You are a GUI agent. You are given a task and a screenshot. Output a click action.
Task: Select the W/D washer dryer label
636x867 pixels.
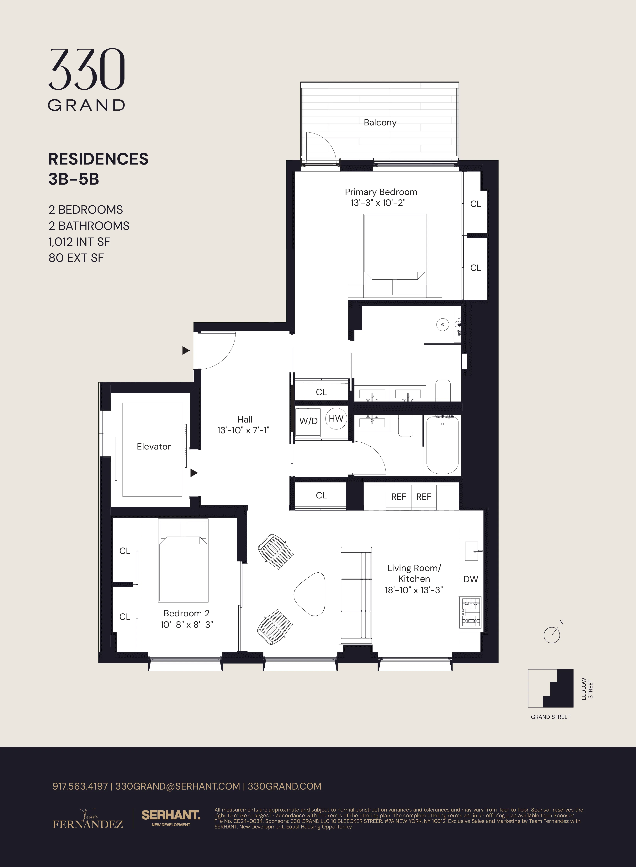pyautogui.click(x=308, y=421)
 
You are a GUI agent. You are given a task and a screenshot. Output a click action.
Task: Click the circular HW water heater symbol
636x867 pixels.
pyautogui.click(x=336, y=419)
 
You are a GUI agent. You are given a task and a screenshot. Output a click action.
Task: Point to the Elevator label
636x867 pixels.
pyautogui.click(x=154, y=446)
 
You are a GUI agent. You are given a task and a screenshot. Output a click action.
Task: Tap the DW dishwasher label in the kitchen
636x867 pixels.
pyautogui.click(x=470, y=579)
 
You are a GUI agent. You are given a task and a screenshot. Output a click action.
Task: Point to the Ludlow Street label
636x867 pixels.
pyautogui.click(x=587, y=689)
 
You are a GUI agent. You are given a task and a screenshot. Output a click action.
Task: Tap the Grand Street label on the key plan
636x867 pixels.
pyautogui.click(x=551, y=717)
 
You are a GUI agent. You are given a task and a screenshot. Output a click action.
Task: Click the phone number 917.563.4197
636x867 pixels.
pyautogui.click(x=80, y=786)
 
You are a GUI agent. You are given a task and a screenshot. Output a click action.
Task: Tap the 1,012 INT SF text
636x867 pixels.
pyautogui.click(x=79, y=242)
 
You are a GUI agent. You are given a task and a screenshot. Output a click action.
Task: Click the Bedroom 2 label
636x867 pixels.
pyautogui.click(x=186, y=613)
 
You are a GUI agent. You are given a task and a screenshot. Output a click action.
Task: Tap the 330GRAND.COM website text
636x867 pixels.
pyautogui.click(x=284, y=786)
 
